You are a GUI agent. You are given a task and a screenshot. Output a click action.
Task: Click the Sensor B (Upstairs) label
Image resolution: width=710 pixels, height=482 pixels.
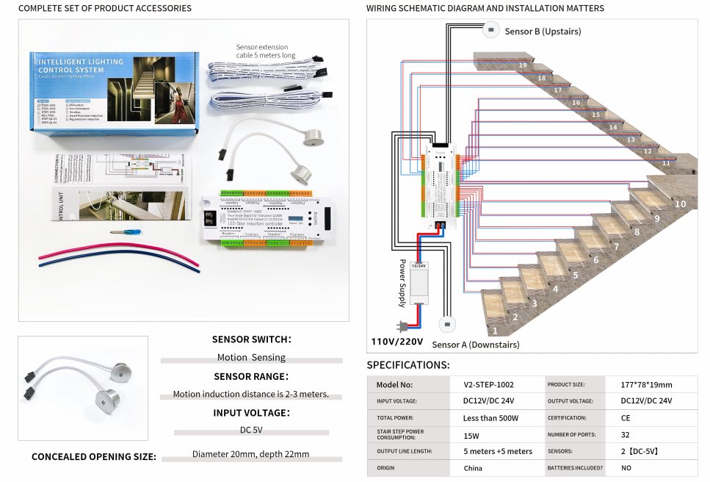pos(543,32)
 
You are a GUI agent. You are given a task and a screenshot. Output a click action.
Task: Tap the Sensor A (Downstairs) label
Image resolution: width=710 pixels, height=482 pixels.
pos(475,344)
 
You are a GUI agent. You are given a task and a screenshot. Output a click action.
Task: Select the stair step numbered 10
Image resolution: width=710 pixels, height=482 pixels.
pos(680,204)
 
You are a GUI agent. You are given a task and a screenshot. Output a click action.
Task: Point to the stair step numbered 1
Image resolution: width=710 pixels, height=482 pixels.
pos(496,331)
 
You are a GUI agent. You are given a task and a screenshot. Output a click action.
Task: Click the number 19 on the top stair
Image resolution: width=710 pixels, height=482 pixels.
pos(522,65)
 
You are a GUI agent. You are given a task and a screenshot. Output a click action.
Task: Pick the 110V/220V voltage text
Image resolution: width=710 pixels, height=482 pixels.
pos(397,342)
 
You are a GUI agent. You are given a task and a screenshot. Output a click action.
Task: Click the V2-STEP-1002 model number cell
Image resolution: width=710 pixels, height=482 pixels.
pos(488,384)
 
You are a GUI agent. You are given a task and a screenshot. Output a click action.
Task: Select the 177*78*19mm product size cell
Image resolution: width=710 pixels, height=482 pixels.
pos(646,384)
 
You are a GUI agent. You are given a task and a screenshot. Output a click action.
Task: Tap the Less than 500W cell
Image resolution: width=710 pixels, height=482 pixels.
pos(490,418)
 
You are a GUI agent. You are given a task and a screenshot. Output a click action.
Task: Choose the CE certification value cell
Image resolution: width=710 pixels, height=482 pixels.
pos(626,418)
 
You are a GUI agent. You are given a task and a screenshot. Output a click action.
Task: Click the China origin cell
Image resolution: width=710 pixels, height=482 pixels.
pos(473,468)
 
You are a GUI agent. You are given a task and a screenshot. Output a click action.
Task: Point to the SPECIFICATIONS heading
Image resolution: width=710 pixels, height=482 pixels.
pos(408,365)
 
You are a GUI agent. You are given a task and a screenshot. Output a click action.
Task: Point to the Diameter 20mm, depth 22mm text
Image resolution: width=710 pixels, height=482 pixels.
pos(250,454)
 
